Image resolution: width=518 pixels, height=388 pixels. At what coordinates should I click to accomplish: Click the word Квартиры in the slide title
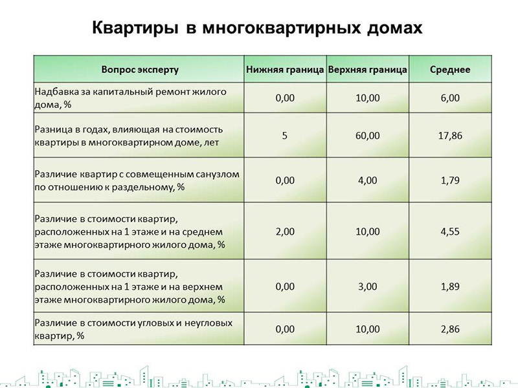pos(135,28)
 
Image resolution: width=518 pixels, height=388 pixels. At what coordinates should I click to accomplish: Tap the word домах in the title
pos(394,28)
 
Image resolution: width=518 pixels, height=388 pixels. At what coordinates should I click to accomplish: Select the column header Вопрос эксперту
pos(140,70)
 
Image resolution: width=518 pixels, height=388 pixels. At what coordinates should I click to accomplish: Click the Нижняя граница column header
pos(285,70)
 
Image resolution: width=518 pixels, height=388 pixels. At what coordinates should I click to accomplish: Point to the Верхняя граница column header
pos(367,70)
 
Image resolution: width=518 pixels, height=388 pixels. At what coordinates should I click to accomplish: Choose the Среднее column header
pos(450,70)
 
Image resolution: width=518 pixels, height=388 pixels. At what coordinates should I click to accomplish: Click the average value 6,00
pos(450,98)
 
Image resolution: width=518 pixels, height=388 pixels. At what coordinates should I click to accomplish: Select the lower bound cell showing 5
pos(284,136)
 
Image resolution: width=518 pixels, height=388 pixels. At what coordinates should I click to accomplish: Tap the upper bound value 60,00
pos(367,136)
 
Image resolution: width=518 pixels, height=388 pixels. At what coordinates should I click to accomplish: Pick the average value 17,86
pos(450,136)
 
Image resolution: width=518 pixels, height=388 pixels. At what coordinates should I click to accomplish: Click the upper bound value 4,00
pos(367,180)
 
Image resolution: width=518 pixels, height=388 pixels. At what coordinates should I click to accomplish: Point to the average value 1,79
pos(450,180)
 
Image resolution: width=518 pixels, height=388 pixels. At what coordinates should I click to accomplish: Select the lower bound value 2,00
pos(285,232)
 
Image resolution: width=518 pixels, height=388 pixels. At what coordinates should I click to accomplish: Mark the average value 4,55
pos(450,232)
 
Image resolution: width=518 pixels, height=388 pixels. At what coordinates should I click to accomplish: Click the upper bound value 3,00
pos(367,286)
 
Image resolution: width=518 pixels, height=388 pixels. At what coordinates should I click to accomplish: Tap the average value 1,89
pos(450,286)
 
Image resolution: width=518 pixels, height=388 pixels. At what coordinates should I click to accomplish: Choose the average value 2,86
pos(450,329)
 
